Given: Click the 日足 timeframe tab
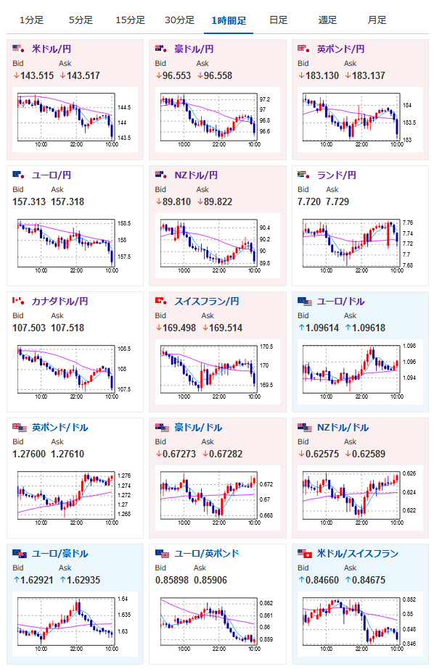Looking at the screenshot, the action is tap(278, 20).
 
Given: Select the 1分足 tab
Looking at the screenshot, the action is tap(31, 20).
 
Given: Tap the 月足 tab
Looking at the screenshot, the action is tap(377, 20).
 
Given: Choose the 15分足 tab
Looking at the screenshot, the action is tap(131, 20).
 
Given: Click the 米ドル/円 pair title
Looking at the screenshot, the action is tap(52, 49).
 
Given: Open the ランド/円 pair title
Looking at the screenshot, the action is tap(336, 175).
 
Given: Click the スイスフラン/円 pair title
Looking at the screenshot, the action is tap(207, 302).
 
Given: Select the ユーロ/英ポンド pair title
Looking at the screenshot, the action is tap(207, 553).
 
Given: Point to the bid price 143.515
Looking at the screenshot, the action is tap(37, 76).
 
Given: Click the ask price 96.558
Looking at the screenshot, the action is tap(218, 76).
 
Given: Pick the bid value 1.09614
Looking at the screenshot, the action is tap(322, 328).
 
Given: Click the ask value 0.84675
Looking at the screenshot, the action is tap(368, 581).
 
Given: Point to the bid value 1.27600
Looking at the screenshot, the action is tap(29, 454).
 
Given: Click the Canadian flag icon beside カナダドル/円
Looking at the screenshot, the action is tap(18, 301).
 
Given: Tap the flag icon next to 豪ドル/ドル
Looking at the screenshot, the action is tap(163, 427).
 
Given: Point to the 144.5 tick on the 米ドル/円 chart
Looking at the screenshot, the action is tap(124, 107).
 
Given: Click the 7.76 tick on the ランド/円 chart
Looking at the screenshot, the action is tap(408, 223).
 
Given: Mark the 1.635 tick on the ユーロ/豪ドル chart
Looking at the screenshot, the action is tap(124, 615).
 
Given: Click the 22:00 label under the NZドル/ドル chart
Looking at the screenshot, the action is tap(361, 523).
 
